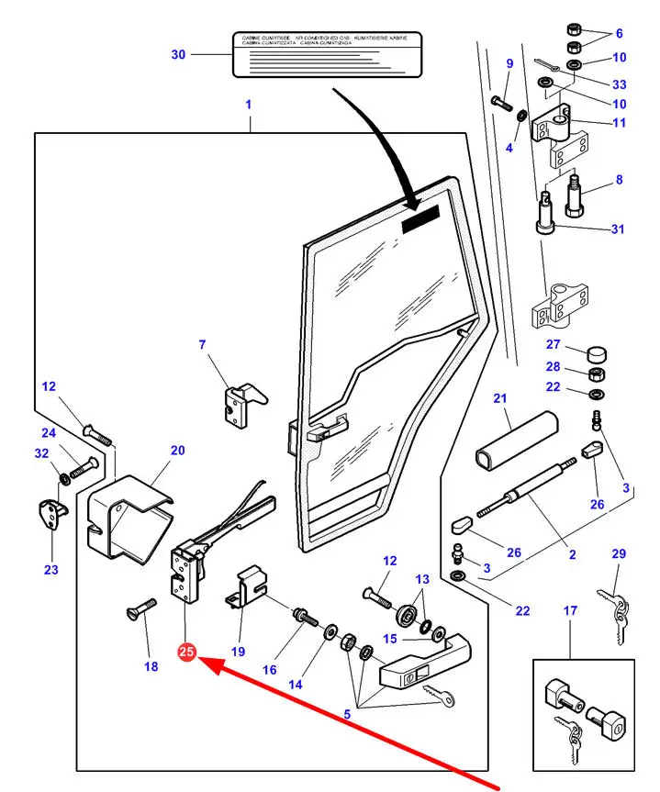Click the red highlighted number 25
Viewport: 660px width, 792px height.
[186, 653]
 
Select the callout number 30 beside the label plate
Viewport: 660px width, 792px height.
[178, 55]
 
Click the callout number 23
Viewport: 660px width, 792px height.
[50, 570]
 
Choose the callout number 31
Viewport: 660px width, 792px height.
[617, 229]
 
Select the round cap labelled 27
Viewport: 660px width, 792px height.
[599, 354]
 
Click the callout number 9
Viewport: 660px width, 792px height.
[509, 63]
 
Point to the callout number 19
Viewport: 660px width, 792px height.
[238, 652]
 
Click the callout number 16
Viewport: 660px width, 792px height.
[269, 670]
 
